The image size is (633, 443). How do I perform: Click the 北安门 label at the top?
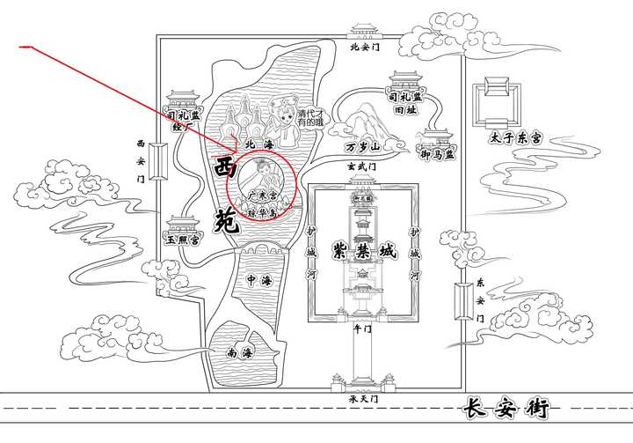363,48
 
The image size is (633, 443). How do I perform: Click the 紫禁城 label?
363,251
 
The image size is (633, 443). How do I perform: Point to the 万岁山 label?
362,146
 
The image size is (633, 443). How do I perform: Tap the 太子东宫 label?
513,138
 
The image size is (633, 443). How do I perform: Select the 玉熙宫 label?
184,239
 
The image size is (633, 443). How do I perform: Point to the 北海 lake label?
260,144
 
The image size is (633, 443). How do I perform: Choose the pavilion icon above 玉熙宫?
181,219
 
